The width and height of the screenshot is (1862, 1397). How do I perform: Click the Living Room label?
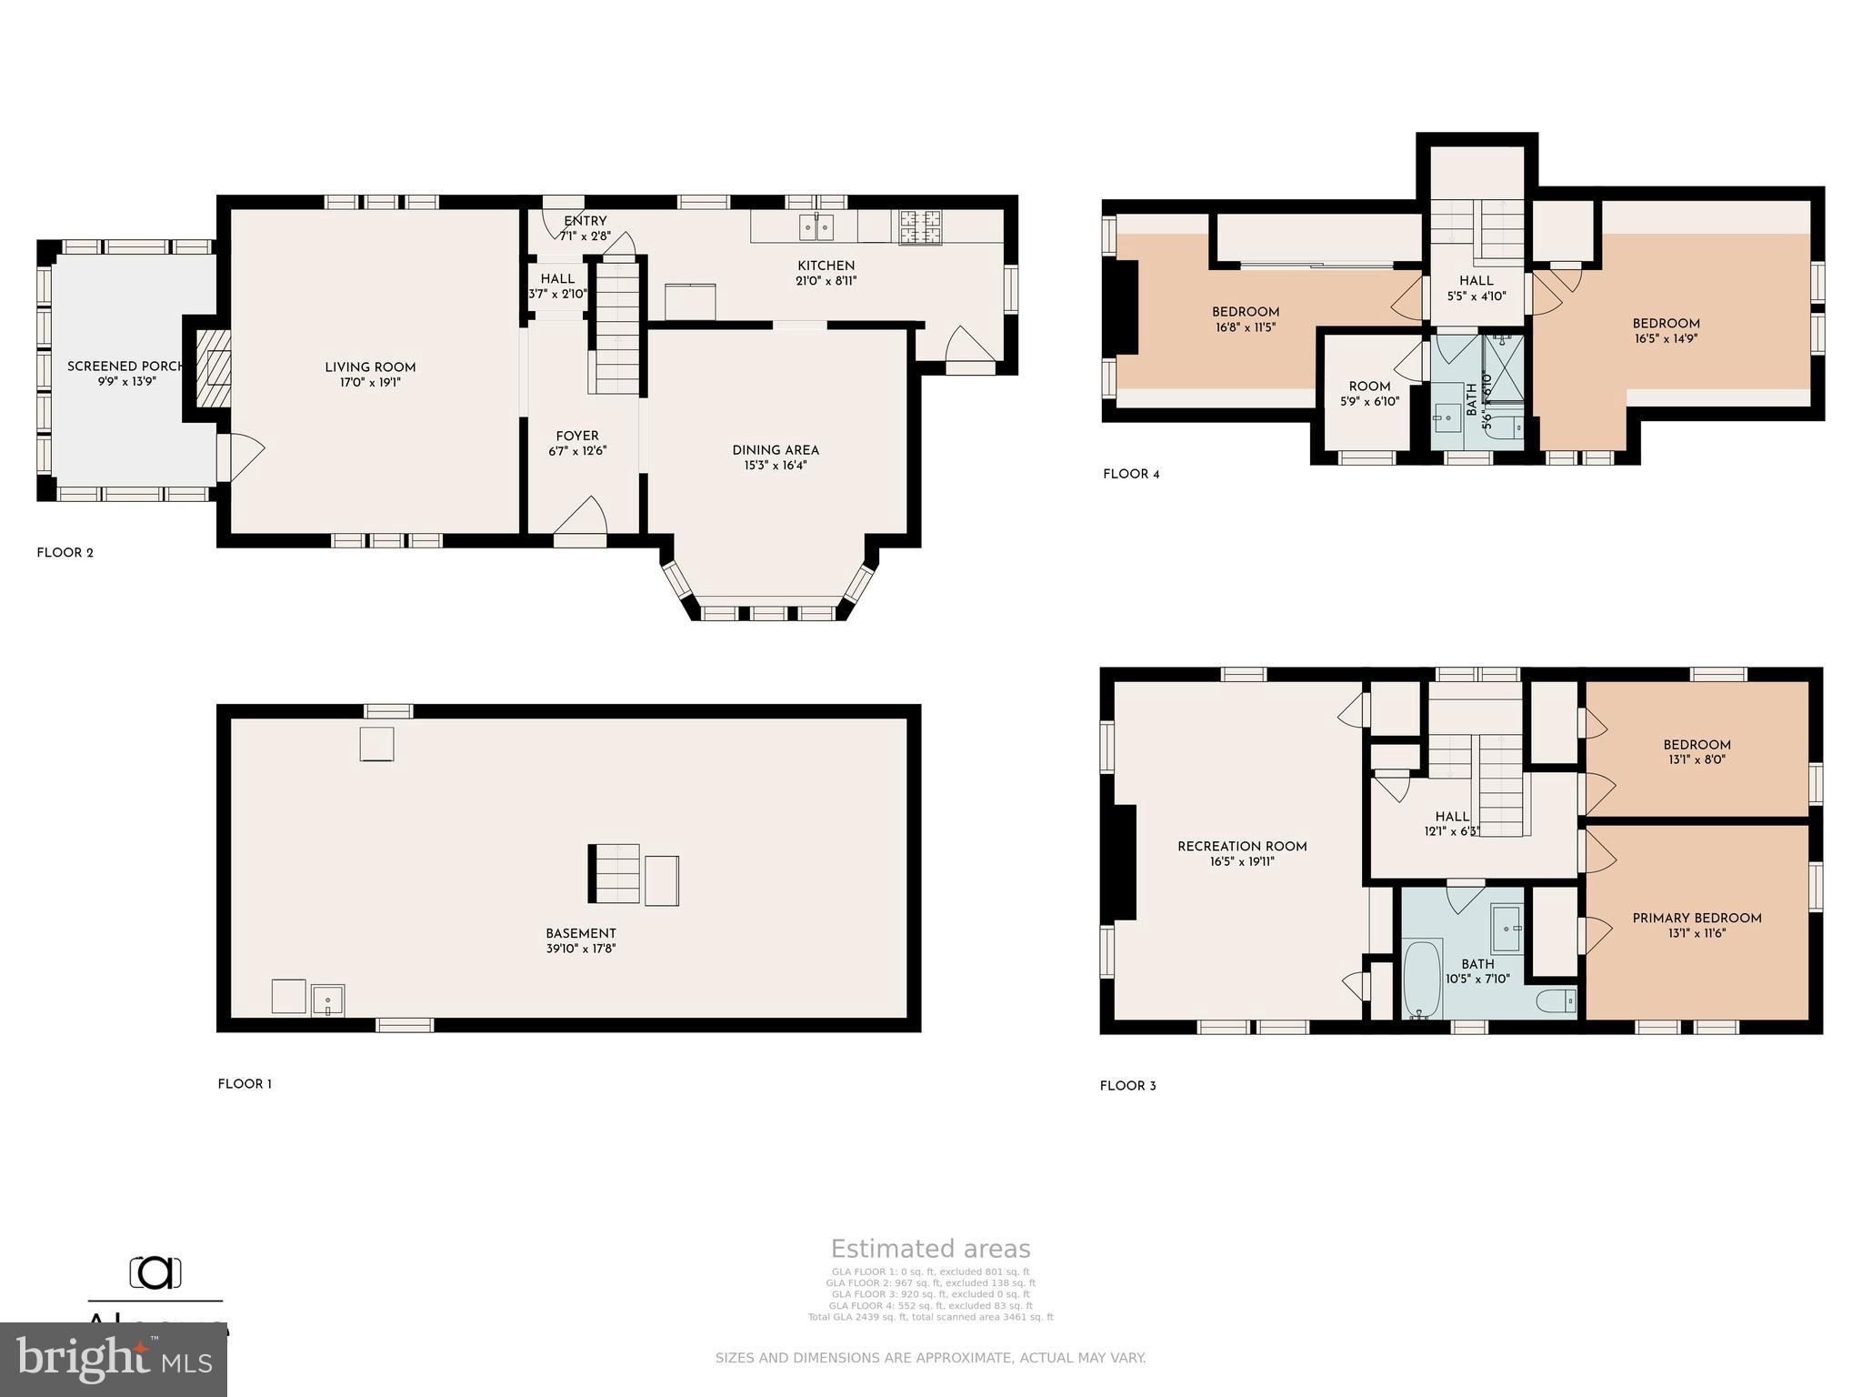(370, 367)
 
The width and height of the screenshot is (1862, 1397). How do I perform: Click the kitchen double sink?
(816, 226)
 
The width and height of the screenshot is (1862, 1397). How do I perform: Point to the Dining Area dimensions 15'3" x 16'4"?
(776, 466)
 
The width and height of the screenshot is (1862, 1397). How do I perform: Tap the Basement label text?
(580, 933)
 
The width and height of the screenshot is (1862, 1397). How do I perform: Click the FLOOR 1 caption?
(245, 1084)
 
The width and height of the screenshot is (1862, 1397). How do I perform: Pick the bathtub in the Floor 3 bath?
(1423, 980)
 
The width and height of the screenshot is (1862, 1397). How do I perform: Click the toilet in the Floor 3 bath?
(1556, 1001)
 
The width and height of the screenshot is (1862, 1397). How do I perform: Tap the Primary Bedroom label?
(1697, 919)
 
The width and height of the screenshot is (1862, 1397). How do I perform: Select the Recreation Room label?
(1242, 847)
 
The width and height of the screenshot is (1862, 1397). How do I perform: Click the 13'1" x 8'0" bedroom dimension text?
(1697, 759)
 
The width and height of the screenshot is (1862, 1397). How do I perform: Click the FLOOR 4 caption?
(1131, 474)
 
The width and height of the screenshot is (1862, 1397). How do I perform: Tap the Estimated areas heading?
(930, 1249)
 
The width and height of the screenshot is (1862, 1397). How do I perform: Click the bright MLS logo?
(113, 1359)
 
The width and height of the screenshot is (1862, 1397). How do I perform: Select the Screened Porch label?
(125, 367)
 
